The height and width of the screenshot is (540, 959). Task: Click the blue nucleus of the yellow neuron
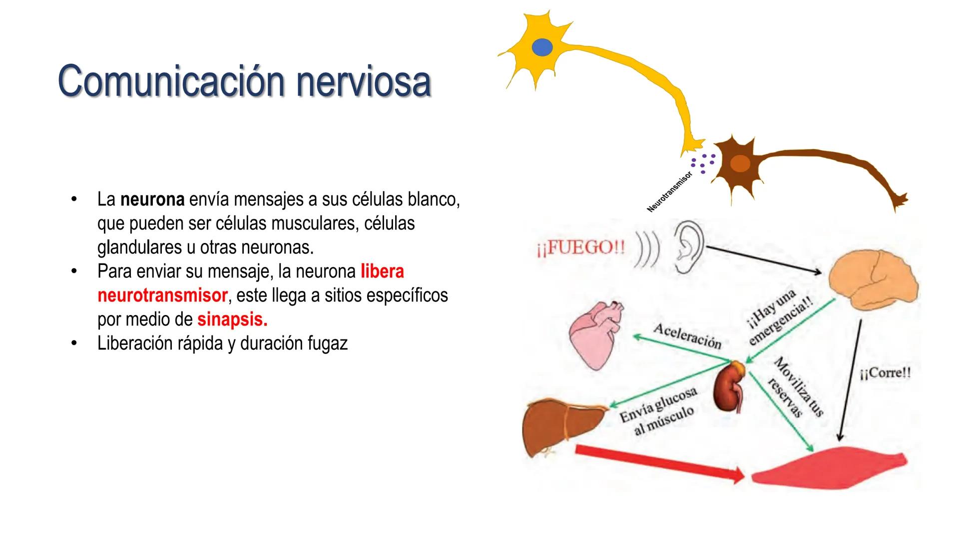click(542, 47)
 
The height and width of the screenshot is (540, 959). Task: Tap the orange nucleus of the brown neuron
click(740, 163)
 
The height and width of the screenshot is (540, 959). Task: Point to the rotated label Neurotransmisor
click(669, 192)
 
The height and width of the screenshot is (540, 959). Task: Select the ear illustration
click(688, 247)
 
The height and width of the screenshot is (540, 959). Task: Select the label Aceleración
click(687, 336)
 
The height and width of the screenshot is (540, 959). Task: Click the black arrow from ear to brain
click(764, 260)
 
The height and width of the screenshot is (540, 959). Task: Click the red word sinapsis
click(232, 319)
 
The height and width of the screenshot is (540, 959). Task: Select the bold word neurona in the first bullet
click(152, 199)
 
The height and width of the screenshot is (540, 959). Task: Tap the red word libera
click(382, 271)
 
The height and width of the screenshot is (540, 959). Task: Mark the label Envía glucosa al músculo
click(658, 412)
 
